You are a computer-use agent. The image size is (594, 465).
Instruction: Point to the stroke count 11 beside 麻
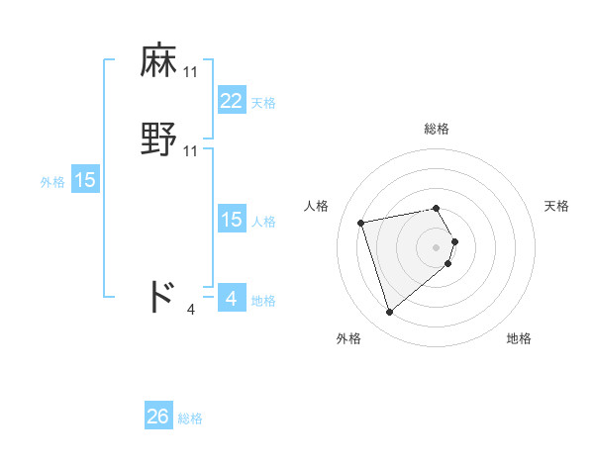click(191, 72)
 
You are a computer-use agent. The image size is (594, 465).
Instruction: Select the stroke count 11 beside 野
click(191, 151)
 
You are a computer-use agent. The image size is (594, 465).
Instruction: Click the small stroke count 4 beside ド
click(191, 310)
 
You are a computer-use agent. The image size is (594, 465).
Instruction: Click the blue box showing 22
click(231, 101)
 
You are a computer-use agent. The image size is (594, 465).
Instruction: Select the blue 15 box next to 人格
click(231, 220)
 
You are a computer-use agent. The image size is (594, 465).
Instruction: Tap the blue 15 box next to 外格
click(85, 180)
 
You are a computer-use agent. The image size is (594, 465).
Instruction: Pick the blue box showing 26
click(157, 418)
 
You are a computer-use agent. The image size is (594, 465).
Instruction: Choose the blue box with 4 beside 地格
click(231, 299)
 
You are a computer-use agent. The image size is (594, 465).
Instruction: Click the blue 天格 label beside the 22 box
click(263, 103)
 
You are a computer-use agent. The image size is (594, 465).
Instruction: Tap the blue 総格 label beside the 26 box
click(190, 419)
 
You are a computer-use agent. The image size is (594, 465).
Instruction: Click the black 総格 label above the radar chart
click(437, 129)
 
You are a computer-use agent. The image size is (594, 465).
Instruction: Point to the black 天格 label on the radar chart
click(556, 206)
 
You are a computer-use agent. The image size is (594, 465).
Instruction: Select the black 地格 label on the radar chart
click(519, 339)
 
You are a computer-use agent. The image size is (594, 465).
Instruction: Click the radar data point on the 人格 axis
click(361, 222)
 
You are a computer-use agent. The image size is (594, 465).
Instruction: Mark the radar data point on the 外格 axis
click(390, 313)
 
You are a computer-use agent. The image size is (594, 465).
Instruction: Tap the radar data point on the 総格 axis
click(437, 208)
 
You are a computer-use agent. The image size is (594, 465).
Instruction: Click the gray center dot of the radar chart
click(437, 246)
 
